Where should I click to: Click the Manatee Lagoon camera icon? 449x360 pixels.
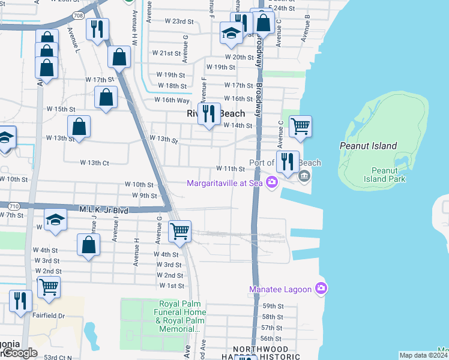pyautogui.click(x=321, y=289)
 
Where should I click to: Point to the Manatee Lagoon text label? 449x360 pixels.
pyautogui.click(x=280, y=290)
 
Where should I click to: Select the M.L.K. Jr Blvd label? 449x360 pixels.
pyautogui.click(x=104, y=210)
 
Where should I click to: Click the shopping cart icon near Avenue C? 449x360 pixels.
pyautogui.click(x=300, y=127)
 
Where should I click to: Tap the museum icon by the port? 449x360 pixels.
pyautogui.click(x=304, y=176)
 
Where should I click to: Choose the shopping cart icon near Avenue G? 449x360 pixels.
pyautogui.click(x=179, y=230)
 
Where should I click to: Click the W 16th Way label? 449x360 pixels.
pyautogui.click(x=173, y=100)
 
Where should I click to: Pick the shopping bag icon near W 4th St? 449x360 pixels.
pyautogui.click(x=88, y=245)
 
